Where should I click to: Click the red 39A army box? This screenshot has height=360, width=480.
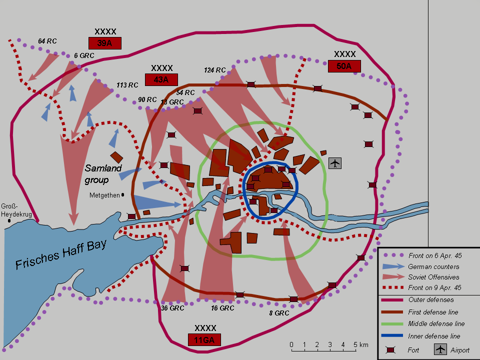105,43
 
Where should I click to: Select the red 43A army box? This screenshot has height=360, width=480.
161,79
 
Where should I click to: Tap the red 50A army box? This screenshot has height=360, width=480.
344,66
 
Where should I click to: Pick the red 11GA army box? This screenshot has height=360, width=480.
205,340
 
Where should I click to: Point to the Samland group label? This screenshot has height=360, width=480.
103,173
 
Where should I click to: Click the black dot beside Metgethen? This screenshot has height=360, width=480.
122,195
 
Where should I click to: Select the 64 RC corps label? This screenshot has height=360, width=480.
47,41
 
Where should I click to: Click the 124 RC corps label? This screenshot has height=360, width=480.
215,69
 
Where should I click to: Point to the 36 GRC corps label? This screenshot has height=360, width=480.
172,308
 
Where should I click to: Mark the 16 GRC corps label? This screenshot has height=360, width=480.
223,308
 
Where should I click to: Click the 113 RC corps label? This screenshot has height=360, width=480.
127,85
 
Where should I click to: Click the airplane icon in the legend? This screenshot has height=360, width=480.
440,349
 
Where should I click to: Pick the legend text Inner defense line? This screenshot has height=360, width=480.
434,336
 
